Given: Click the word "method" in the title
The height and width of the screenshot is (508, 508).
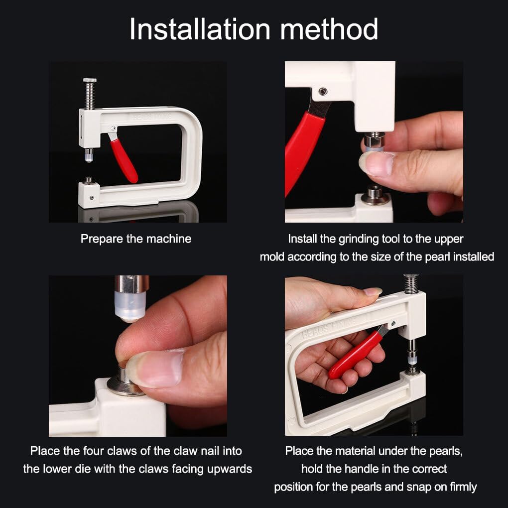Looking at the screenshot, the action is pyautogui.click(x=329, y=29).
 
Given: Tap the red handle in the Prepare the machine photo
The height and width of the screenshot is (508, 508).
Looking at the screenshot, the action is pyautogui.click(x=123, y=159).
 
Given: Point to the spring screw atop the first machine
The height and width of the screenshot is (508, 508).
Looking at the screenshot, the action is pyautogui.click(x=89, y=94).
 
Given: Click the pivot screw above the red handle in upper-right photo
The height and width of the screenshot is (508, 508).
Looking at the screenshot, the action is pyautogui.click(x=322, y=91).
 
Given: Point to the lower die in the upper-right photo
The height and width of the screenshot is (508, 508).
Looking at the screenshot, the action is pyautogui.click(x=376, y=194).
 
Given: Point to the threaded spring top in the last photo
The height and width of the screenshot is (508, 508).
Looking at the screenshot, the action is pyautogui.click(x=411, y=283).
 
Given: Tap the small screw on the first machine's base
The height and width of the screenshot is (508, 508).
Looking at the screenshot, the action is pyautogui.click(x=92, y=197).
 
